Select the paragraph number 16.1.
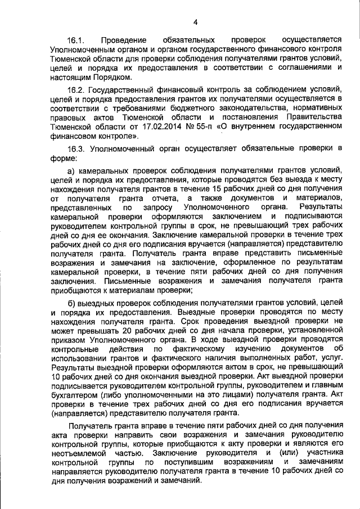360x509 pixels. pos(75,41)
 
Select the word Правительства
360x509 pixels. pos(312,117)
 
